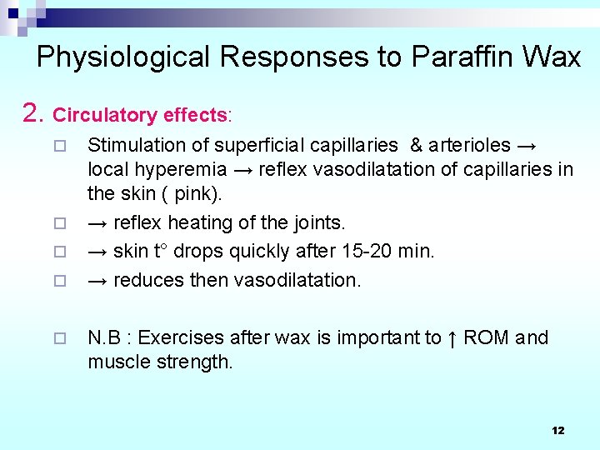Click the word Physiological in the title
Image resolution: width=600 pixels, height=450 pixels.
click(x=124, y=57)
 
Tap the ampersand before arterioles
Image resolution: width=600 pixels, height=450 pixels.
click(x=416, y=145)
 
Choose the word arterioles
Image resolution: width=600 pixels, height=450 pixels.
click(x=470, y=145)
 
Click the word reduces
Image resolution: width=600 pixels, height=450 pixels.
click(x=146, y=279)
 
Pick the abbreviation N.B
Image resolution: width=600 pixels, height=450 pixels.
click(x=105, y=337)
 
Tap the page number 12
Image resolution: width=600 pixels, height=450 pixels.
click(x=557, y=430)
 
